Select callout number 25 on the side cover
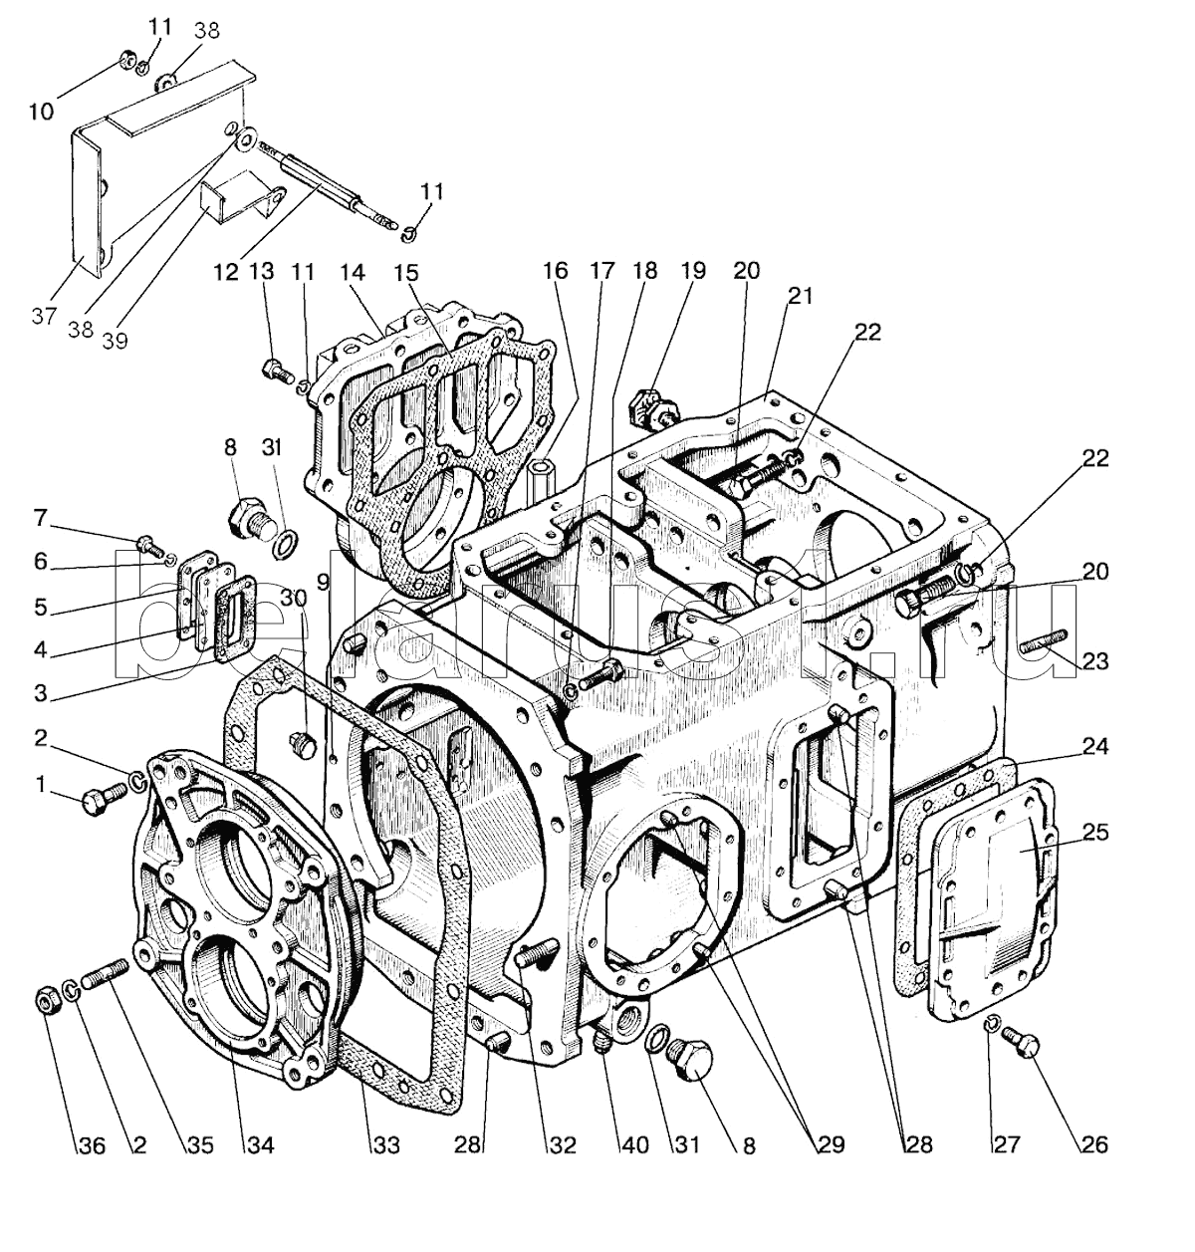tap(1095, 832)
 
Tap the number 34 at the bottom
tap(260, 1145)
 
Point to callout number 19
tap(692, 270)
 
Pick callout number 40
tap(636, 1145)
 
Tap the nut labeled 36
tap(46, 998)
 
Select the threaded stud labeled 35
tap(104, 972)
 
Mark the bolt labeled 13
tap(273, 372)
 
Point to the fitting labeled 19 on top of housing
tap(651, 404)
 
